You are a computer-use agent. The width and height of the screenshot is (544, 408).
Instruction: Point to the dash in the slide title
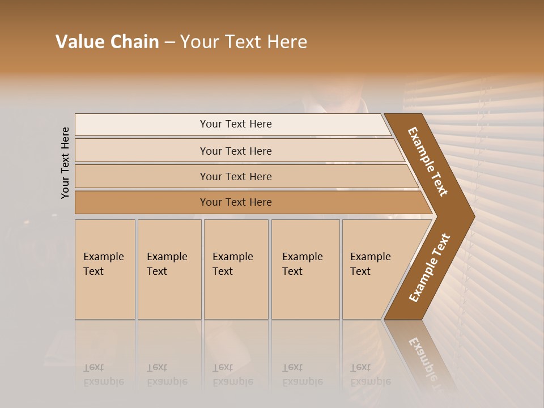click(x=169, y=42)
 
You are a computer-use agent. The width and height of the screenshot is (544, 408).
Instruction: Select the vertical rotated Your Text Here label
click(x=65, y=163)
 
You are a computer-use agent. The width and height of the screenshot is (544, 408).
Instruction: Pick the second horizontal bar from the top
click(x=236, y=151)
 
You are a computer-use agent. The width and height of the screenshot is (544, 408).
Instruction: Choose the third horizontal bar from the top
click(x=236, y=176)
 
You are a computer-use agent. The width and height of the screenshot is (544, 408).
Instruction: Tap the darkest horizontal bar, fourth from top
click(x=236, y=202)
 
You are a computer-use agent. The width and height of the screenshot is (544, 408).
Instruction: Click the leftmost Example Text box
click(x=105, y=269)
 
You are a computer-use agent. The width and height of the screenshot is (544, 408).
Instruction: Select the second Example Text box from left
click(x=169, y=269)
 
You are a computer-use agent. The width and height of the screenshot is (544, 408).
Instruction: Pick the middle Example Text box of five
click(x=236, y=269)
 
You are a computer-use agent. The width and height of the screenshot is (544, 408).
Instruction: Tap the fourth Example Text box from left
click(x=305, y=269)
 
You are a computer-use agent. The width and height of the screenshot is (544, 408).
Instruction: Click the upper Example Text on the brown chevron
click(x=428, y=161)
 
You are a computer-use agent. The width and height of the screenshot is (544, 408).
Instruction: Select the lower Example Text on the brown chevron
click(x=430, y=268)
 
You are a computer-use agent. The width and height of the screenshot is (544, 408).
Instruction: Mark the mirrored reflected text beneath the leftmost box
click(x=103, y=375)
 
